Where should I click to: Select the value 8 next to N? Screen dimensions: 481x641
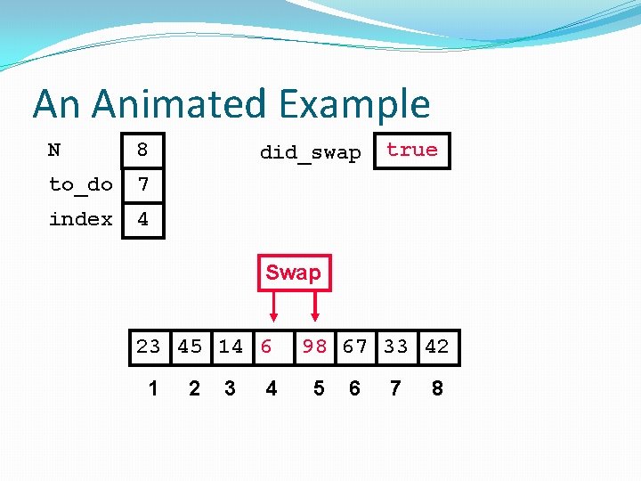[x=142, y=151]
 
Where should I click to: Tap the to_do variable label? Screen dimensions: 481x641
[x=81, y=184]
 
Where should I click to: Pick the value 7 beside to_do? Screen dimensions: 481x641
[x=142, y=184]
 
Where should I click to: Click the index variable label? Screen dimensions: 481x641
[x=81, y=219]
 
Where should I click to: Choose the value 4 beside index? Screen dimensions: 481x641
[x=142, y=219]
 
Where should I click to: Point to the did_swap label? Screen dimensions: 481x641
[x=310, y=152]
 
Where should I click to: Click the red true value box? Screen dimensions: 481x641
[x=412, y=151]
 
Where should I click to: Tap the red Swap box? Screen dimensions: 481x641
[x=293, y=273]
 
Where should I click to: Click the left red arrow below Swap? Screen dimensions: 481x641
[x=273, y=306]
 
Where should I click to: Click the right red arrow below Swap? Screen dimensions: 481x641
[x=315, y=306]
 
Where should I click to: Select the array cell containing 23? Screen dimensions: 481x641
[x=149, y=346]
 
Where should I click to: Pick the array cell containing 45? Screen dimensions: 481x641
[x=190, y=346]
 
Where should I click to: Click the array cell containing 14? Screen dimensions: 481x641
[x=231, y=346]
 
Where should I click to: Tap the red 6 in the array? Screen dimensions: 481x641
[x=266, y=346]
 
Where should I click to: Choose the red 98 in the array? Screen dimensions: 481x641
[x=314, y=346]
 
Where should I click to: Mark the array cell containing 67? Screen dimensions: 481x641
[x=355, y=346]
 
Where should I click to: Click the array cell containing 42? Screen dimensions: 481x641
[x=437, y=346]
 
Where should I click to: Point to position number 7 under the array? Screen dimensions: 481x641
[x=395, y=388]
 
